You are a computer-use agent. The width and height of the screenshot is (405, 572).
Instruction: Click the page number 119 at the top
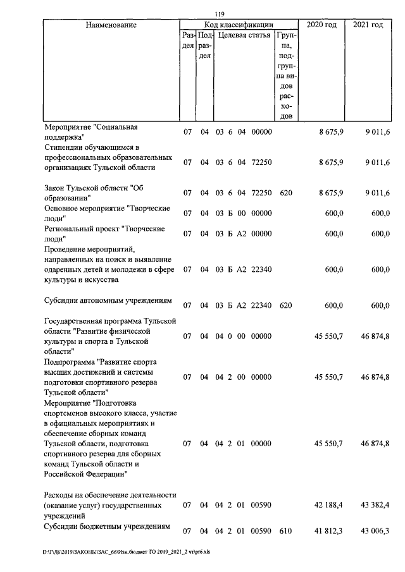tap(220, 14)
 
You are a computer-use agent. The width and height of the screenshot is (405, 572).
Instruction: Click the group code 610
tap(285, 531)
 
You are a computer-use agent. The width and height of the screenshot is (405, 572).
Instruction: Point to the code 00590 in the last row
tap(261, 531)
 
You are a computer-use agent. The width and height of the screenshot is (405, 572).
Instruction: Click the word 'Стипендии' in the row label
tap(64, 147)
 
